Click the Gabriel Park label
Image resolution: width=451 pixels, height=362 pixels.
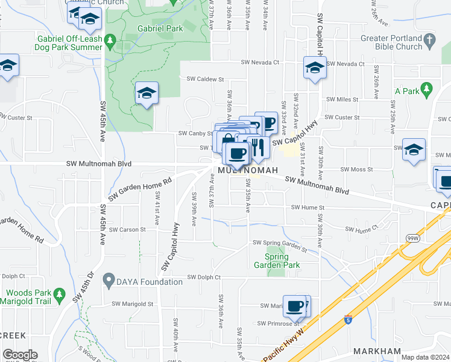(160, 28)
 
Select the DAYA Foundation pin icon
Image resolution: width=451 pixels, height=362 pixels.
(109, 280)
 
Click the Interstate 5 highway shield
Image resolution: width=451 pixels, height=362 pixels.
(348, 319)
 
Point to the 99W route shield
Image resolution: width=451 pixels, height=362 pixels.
(413, 238)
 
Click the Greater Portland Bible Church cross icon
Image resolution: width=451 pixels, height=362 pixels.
(429, 40)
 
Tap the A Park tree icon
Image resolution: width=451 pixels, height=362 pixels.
(427, 91)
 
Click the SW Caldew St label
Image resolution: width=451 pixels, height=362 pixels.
(205, 79)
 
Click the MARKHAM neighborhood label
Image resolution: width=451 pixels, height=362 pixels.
(377, 351)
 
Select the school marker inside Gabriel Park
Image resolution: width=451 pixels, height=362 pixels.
(147, 93)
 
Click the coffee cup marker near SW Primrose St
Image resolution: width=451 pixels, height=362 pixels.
(295, 306)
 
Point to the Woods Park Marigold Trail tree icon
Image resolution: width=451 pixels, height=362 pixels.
(58, 294)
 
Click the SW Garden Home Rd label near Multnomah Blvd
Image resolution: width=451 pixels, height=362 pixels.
(140, 188)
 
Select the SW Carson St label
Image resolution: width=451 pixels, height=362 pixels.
(129, 229)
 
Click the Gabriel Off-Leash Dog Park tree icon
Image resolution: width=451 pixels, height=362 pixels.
(110, 41)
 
